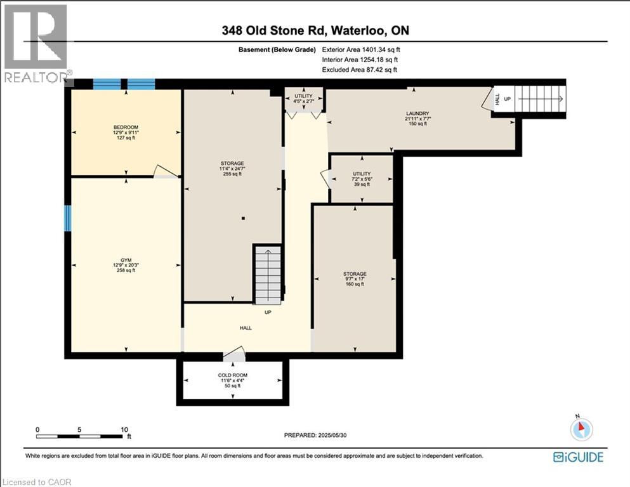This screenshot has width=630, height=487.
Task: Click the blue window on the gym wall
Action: click(x=67, y=218)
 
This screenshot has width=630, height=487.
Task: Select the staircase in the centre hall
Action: click(x=267, y=275)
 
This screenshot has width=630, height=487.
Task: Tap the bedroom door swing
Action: click(x=166, y=171)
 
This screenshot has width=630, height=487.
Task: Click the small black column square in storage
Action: click(x=244, y=219)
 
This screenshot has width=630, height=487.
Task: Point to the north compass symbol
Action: click(x=581, y=429)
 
